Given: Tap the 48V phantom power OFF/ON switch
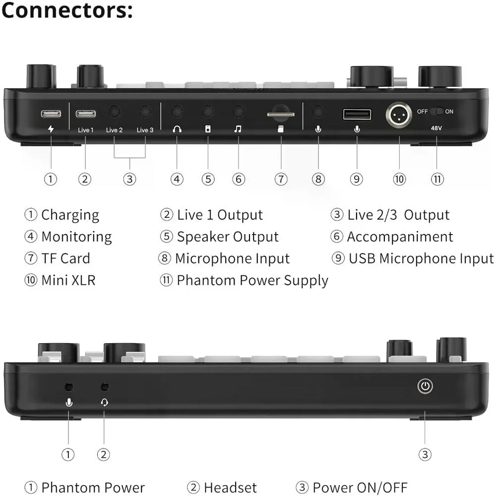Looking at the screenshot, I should pos(436,112).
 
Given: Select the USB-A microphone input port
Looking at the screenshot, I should pos(357,115).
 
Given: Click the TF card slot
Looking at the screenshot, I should pos(281,115).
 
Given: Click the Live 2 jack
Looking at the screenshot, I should pos(114,112).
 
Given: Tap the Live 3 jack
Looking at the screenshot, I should pos(145,112).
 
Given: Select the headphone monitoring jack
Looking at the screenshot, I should pos(177,112).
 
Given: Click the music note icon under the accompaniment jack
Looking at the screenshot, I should pos(238,129).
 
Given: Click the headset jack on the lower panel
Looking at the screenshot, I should pos(104,386).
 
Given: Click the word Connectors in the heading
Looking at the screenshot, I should pos(67,11).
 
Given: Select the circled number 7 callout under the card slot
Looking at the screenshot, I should pos(281,179).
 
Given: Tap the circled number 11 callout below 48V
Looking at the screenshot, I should pos(437,179).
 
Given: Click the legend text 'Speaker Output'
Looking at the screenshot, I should pos(228,237).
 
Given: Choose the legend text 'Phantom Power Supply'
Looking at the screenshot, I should pos(252,280).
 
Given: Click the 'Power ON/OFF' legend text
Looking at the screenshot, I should pos(360,488).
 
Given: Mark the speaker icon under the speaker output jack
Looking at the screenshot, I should pos(208,129).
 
